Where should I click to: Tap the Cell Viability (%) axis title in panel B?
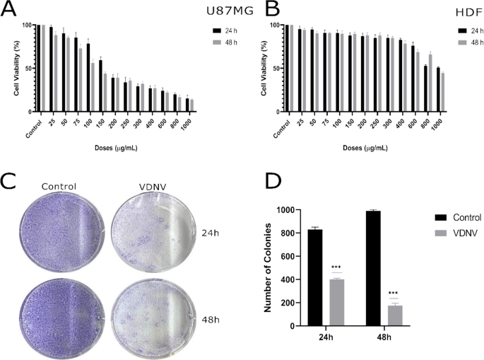[264, 69]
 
